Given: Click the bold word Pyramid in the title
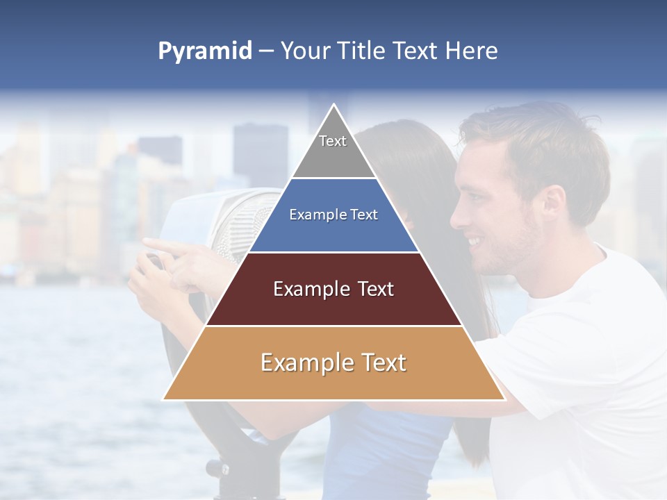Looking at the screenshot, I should click(x=205, y=51).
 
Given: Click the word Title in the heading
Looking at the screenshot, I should click(x=361, y=51).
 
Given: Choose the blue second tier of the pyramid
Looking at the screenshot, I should click(x=333, y=233).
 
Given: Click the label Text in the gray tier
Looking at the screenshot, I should click(x=333, y=141).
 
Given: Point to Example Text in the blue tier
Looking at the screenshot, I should click(x=333, y=215).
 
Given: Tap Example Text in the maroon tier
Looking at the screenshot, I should click(x=333, y=289).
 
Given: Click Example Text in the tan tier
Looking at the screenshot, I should click(x=333, y=362).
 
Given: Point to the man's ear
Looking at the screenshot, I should click(x=553, y=202).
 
